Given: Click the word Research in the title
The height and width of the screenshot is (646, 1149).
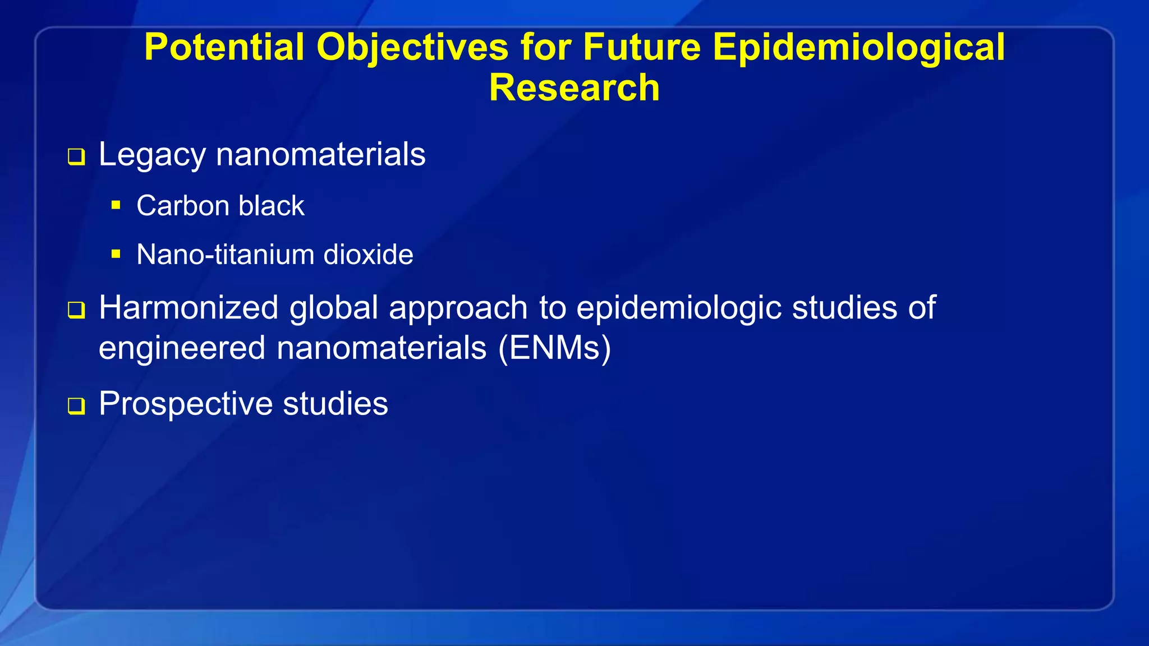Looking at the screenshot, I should pos(574,88).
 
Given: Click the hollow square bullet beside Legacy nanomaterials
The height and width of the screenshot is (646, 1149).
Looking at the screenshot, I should pos(76,156).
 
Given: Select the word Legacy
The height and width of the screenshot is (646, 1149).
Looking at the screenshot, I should pos(151,155).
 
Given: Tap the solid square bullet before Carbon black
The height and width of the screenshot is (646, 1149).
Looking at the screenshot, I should pos(116,205).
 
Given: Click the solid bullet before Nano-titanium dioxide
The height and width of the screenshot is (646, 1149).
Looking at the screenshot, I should pos(116,254).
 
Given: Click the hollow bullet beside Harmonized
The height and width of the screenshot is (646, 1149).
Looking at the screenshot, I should pos(76,310).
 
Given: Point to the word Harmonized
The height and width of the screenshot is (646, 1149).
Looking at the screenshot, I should pos(189,308).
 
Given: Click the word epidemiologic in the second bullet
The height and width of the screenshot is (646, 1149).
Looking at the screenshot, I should pos(679,308).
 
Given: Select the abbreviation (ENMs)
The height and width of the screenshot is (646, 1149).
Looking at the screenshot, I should pos(554,348).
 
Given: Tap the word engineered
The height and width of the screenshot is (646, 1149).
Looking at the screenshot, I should pos(182,349).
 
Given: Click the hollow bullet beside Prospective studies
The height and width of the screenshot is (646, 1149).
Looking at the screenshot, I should pos(76,405).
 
